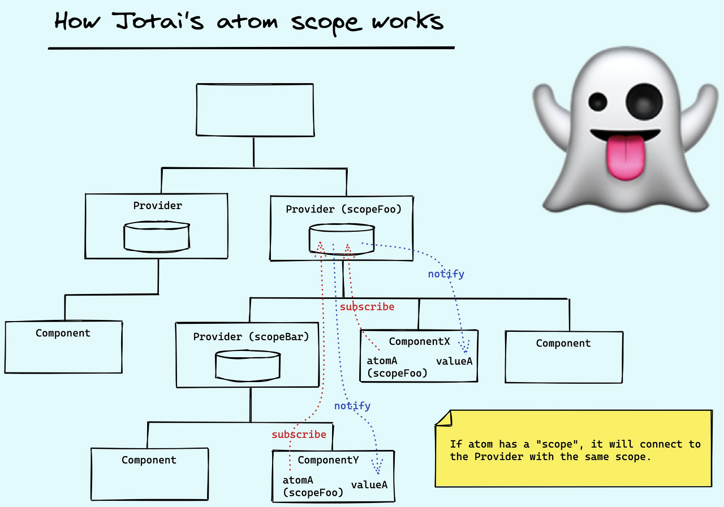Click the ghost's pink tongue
pyautogui.click(x=626, y=157)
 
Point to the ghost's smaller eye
pyautogui.click(x=597, y=102)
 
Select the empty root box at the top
pyautogui.click(x=255, y=110)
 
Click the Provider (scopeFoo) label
pyautogui.click(x=343, y=210)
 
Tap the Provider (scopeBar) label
pyautogui.click(x=251, y=337)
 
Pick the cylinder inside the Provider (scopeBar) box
pyautogui.click(x=248, y=365)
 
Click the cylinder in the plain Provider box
pyautogui.click(x=157, y=236)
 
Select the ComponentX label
pyautogui.click(x=419, y=341)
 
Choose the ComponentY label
pyautogui.click(x=328, y=460)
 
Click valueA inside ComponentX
pyautogui.click(x=454, y=361)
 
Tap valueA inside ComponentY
pyautogui.click(x=369, y=485)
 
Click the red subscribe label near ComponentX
pyautogui.click(x=367, y=307)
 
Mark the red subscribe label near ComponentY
pyautogui.click(x=299, y=435)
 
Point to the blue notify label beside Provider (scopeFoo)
pyautogui.click(x=446, y=274)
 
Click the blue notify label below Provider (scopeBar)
pyautogui.click(x=352, y=406)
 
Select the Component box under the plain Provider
pyautogui.click(x=63, y=346)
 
